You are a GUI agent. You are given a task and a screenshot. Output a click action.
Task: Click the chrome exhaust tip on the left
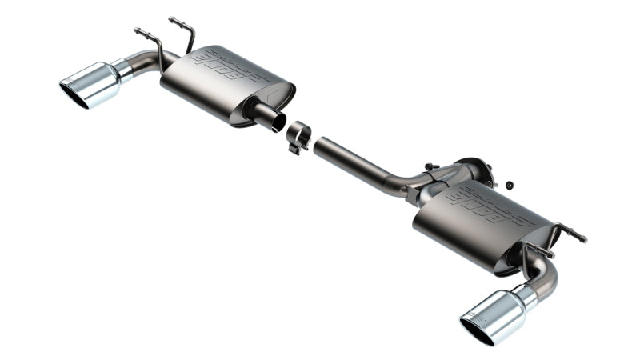coord(92,84)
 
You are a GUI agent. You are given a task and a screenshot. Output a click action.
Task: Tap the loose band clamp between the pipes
coord(299,134)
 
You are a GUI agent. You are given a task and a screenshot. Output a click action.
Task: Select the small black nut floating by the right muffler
coord(508,186)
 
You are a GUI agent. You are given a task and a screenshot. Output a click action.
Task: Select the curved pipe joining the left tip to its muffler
coord(144,62)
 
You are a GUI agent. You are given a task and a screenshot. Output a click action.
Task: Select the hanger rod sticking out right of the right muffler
coord(573,234)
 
